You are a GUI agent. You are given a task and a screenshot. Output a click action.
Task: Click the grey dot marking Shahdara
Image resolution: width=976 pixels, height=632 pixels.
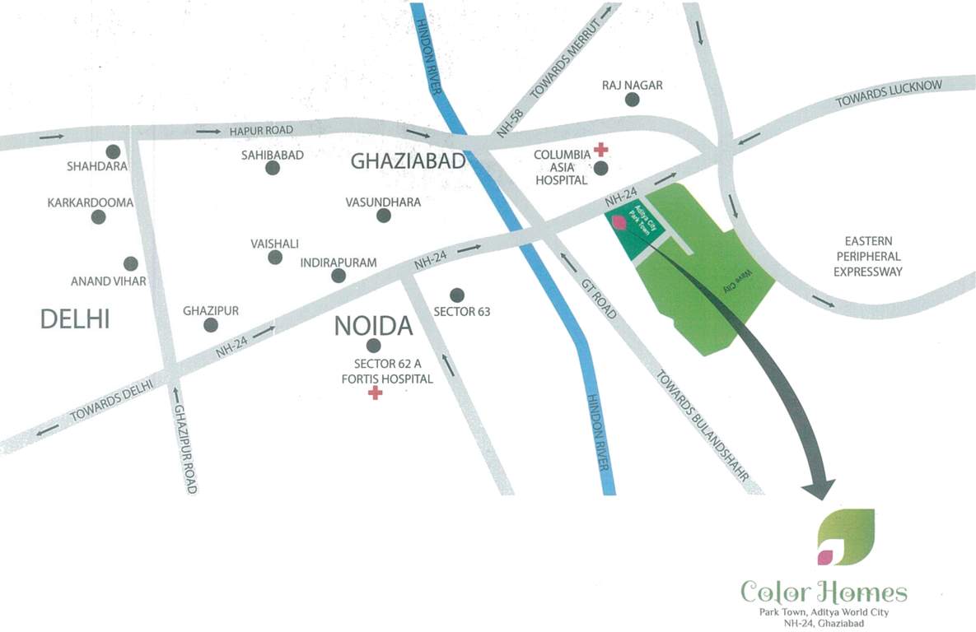click(113, 151)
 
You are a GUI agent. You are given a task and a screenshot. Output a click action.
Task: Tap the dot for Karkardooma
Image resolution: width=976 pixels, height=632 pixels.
click(99, 217)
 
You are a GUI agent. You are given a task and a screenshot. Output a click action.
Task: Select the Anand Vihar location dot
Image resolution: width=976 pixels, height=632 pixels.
click(130, 263)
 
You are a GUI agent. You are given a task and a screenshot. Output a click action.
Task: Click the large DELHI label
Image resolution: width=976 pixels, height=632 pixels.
click(75, 319)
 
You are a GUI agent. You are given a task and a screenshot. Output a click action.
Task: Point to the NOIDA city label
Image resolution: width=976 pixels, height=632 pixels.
click(373, 326)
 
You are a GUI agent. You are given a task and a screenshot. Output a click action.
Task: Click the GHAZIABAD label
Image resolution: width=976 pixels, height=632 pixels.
click(409, 161)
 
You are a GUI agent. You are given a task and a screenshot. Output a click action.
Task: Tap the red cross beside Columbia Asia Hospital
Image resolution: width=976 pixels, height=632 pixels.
click(601, 150)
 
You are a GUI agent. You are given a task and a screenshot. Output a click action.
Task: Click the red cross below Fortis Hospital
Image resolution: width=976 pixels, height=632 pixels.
click(375, 393)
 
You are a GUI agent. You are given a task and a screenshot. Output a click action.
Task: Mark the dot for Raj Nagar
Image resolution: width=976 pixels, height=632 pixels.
click(632, 100)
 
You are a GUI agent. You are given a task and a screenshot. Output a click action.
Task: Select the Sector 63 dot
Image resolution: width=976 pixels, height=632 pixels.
click(457, 295)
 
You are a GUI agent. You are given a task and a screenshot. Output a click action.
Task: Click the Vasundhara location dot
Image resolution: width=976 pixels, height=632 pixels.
click(383, 216)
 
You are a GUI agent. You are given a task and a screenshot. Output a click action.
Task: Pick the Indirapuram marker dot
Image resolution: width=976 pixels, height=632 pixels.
click(339, 276)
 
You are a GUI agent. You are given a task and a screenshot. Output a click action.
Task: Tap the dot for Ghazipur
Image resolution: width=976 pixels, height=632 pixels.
click(210, 325)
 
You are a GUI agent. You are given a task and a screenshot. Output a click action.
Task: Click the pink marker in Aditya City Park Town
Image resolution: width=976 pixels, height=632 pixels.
click(617, 221)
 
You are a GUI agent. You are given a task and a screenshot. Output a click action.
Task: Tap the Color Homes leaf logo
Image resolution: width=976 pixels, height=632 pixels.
click(845, 537)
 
